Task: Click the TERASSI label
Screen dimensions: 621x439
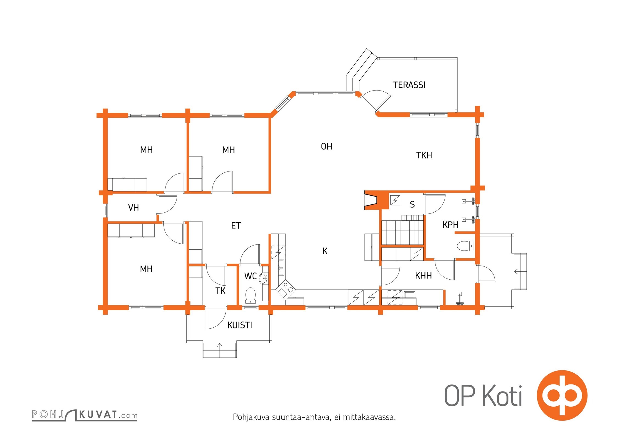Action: pyautogui.click(x=409, y=85)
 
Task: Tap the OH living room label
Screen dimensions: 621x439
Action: pyautogui.click(x=326, y=147)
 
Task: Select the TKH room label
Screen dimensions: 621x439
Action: pyautogui.click(x=424, y=155)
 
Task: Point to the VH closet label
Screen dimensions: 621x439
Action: pyautogui.click(x=133, y=208)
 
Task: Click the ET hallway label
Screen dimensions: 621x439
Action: pyautogui.click(x=236, y=226)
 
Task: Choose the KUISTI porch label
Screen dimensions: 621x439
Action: pyautogui.click(x=240, y=325)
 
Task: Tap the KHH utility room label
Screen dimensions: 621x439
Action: pyautogui.click(x=423, y=275)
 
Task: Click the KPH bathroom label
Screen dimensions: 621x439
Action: pyautogui.click(x=451, y=225)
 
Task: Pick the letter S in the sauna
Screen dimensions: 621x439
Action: pyautogui.click(x=412, y=204)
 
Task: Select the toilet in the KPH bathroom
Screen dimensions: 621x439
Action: pyautogui.click(x=465, y=246)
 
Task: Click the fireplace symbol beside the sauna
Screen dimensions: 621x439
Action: pyautogui.click(x=370, y=200)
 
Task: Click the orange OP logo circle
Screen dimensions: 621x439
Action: pyautogui.click(x=562, y=395)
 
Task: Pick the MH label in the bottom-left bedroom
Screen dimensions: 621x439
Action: pyautogui.click(x=146, y=269)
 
